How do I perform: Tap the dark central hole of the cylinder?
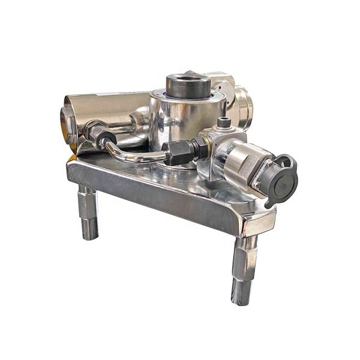(x=188, y=79)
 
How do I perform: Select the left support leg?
(x=88, y=212)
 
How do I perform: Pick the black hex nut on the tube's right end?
(x=178, y=152)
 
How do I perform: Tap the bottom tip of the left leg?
(x=89, y=232)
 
